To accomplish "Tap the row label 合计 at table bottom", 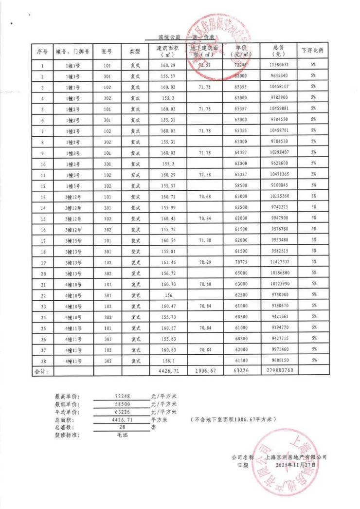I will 42,371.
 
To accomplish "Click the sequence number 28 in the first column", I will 43,361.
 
